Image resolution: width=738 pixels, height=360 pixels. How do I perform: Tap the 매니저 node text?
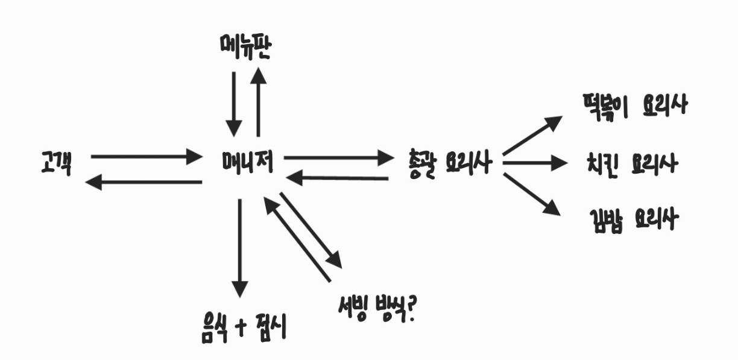(x=247, y=162)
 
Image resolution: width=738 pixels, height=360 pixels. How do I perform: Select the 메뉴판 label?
(x=245, y=48)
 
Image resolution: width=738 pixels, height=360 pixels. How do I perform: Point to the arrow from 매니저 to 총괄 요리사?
(x=338, y=158)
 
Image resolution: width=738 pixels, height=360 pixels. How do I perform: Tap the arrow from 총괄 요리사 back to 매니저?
(x=338, y=178)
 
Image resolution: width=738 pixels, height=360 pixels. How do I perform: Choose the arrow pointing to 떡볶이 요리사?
(x=532, y=134)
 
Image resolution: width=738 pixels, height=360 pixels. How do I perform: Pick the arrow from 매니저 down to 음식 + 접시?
(x=240, y=247)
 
